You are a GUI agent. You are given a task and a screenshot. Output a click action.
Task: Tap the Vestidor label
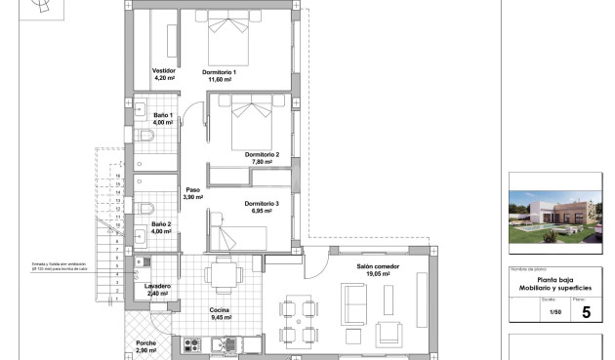coord(163,70)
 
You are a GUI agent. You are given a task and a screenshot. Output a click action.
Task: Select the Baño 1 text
coord(162,115)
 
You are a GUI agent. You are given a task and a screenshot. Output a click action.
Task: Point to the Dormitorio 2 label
coord(262,154)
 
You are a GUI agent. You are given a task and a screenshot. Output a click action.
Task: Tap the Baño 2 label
coord(162,224)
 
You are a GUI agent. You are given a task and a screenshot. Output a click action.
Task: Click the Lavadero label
coord(159,286)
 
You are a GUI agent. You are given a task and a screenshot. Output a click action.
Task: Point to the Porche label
coord(146,342)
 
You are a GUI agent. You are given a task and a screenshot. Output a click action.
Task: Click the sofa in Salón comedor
coord(352,303)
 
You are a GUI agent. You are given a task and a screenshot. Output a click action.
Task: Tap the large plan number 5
coord(586,312)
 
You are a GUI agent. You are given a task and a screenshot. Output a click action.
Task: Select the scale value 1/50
coord(554,312)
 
